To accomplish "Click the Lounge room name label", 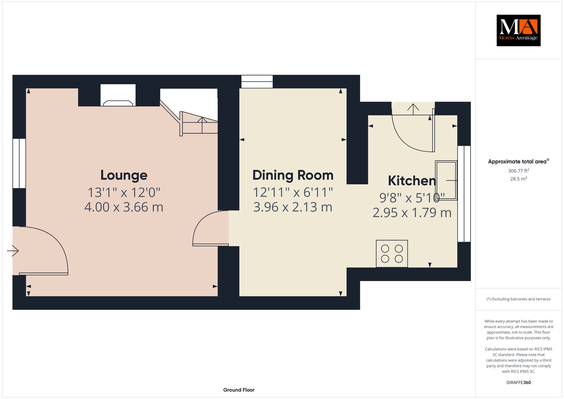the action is click(124, 175).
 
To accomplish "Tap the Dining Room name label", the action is click(293, 175).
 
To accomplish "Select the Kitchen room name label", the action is click(412, 181).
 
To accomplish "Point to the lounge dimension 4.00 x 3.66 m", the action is click(124, 207).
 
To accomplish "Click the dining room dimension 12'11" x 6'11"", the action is click(293, 192).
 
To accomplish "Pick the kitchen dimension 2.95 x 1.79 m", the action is click(412, 213).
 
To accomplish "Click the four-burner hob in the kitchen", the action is click(392, 254).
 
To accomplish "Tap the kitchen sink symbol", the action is click(446, 180).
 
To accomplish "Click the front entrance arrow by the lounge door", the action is click(13, 251).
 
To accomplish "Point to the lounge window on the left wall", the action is click(19, 163).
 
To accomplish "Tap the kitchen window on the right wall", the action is click(464, 194).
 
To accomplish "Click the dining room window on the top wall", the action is click(257, 82).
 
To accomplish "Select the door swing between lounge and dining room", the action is click(211, 228).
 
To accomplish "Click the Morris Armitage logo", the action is click(519, 30).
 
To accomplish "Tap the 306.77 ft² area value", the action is click(519, 171).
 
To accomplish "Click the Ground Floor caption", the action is click(239, 390).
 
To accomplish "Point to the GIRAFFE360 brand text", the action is click(519, 382).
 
